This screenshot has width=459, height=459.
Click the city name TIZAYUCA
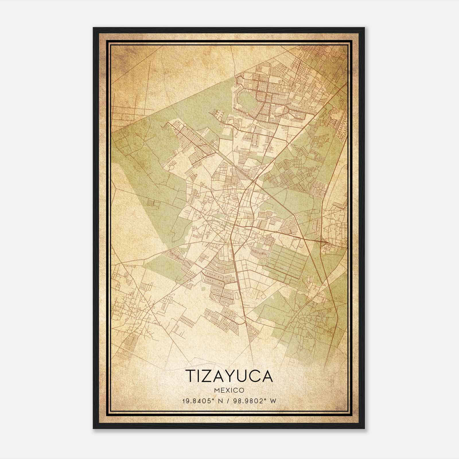point(229,376)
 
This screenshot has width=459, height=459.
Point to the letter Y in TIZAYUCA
point(234,376)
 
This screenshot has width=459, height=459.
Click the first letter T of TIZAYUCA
point(191,376)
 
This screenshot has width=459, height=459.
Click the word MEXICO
point(229,390)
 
